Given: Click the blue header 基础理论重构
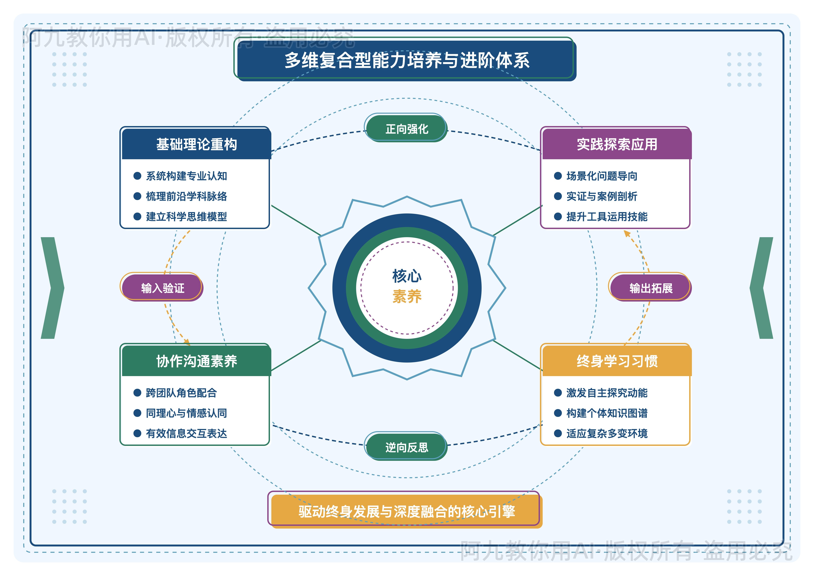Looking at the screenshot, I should coord(196,144).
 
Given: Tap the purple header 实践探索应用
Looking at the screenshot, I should coord(617,144).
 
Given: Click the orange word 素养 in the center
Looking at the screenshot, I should coord(407,296).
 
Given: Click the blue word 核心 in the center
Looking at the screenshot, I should coord(407,276).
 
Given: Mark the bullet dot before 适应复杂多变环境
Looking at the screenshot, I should coord(558,433).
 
